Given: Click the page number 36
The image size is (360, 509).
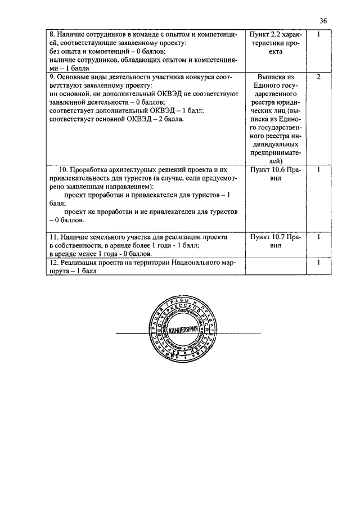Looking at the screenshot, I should [x=323, y=21].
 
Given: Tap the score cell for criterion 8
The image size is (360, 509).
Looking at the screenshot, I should [x=318, y=35].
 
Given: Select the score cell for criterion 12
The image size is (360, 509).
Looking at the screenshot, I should [x=318, y=263].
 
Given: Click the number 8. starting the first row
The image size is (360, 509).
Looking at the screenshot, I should [x=51, y=35].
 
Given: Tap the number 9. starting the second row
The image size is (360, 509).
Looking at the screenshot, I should [x=51, y=76].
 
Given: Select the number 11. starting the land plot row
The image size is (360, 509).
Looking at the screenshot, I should [x=53, y=237].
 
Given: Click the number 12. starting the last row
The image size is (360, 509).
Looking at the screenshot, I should [x=53, y=263].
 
